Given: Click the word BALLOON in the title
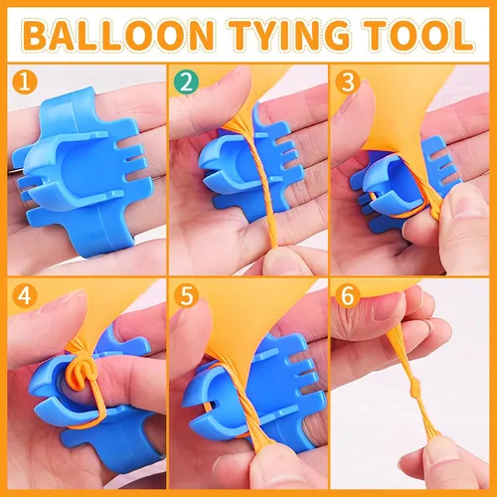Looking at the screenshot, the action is pos(118,35).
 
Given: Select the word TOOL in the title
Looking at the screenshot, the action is pos(417,35).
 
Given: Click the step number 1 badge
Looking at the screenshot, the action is pos(25,82).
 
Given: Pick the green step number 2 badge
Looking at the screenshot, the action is pos(187,82).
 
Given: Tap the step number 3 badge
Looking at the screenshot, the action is pos(348,82).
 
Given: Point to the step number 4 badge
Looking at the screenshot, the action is pos(25,295).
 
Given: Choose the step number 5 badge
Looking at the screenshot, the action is pos(187,295).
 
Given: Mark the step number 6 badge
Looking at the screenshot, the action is pos(348,295).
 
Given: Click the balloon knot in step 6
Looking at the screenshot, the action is pos(414,387).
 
